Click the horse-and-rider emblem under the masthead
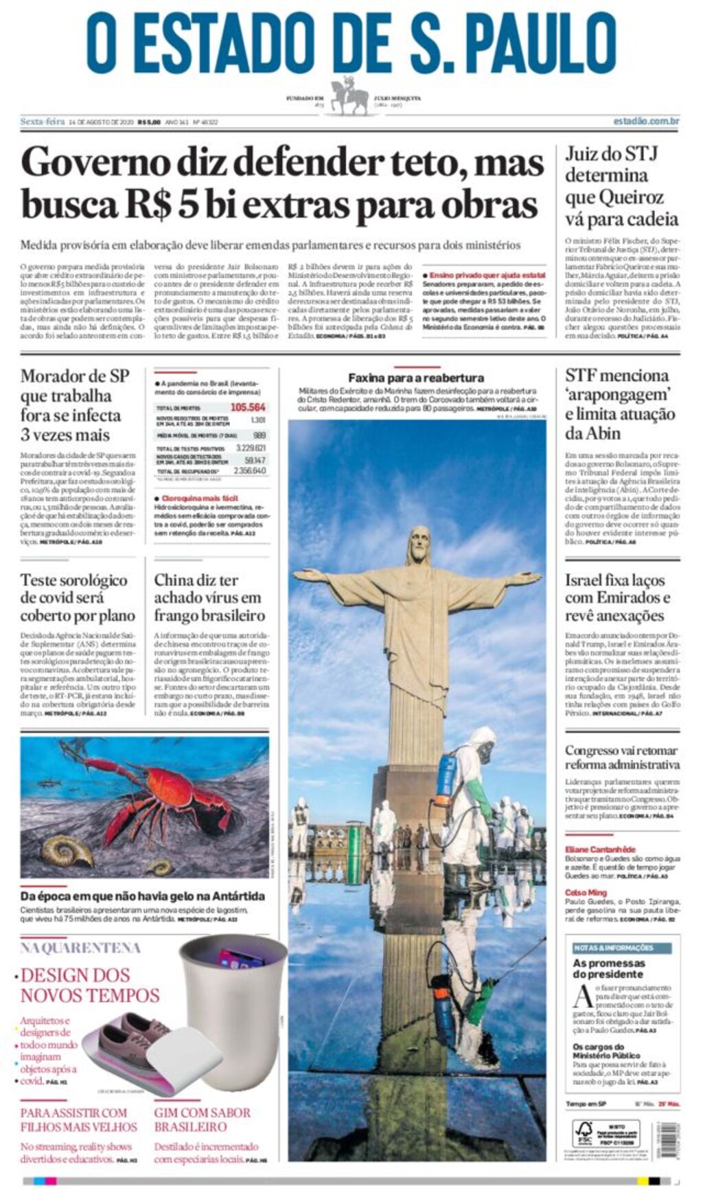pyautogui.click(x=350, y=98)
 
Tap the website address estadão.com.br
pyautogui.click(x=646, y=122)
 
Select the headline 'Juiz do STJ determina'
pyautogui.click(x=611, y=164)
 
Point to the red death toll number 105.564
pyautogui.click(x=248, y=407)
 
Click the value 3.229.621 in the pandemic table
pyautogui.click(x=251, y=448)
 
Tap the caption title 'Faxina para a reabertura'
pyautogui.click(x=415, y=378)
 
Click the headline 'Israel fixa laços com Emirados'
pyautogui.click(x=618, y=597)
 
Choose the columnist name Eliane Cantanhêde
pyautogui.click(x=600, y=849)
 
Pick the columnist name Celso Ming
pyautogui.click(x=586, y=893)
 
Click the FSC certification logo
pyautogui.click(x=584, y=1134)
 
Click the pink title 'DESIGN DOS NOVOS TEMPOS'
pyautogui.click(x=89, y=985)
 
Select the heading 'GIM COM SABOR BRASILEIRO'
pyautogui.click(x=202, y=1119)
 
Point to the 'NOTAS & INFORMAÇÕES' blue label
pyautogui.click(x=613, y=948)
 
